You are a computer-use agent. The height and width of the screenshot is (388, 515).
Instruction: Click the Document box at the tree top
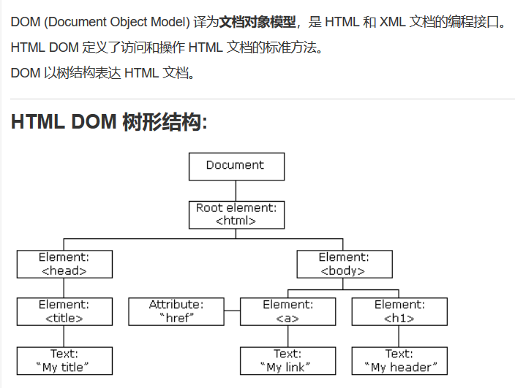[x=236, y=166]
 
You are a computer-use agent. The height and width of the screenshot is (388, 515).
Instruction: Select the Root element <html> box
[x=236, y=215]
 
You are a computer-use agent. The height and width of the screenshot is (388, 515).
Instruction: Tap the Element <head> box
[x=64, y=264]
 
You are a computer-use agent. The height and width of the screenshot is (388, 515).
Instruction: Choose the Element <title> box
[x=64, y=311]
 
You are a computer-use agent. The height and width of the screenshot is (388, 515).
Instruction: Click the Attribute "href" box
[x=176, y=311]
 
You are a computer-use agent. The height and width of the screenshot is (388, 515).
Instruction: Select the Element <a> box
[x=287, y=311]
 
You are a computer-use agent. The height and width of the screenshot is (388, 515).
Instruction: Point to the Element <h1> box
[x=399, y=311]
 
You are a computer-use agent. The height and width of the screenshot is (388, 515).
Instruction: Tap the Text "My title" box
[x=64, y=361]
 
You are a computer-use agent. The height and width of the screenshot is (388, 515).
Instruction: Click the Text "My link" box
[x=287, y=361]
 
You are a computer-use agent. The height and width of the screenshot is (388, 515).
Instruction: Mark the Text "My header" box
[x=399, y=361]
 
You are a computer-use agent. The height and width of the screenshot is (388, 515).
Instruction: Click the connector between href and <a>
[x=232, y=312]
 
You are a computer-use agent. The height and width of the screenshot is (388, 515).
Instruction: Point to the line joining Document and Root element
[x=236, y=191]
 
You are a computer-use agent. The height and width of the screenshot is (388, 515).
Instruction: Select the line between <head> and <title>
[x=64, y=288]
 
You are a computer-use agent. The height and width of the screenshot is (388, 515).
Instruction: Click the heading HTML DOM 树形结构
[x=109, y=122]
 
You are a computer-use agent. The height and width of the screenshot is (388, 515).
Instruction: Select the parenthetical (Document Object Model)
[x=117, y=21]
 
